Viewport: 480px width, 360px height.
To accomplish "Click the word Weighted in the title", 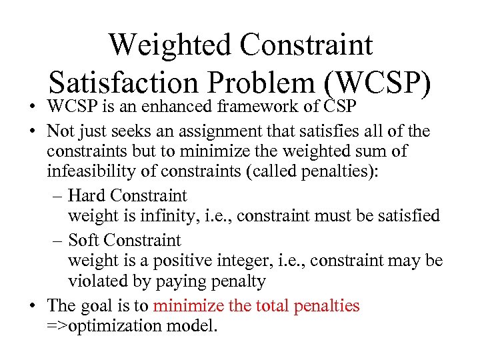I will (169, 45).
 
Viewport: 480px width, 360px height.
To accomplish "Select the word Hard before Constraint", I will (87, 196).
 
